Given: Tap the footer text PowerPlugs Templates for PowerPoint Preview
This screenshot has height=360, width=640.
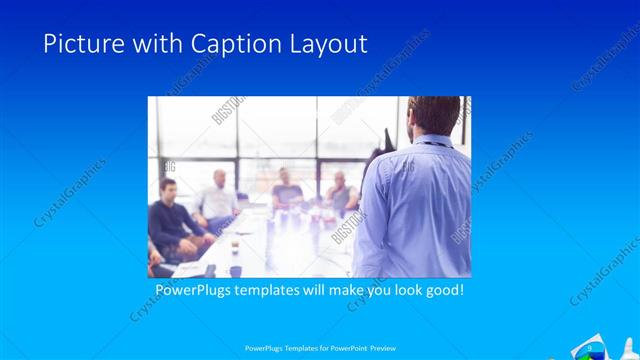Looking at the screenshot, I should coord(319,348).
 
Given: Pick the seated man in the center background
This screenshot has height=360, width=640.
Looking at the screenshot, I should coord(288,190).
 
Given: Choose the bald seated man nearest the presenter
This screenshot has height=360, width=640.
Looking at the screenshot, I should coord(341,192).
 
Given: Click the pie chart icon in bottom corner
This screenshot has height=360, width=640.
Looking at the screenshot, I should coord(590,350).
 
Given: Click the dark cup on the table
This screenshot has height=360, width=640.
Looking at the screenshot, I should coord(235,270).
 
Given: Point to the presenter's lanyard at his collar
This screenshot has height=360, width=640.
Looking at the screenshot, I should coord(432,143).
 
